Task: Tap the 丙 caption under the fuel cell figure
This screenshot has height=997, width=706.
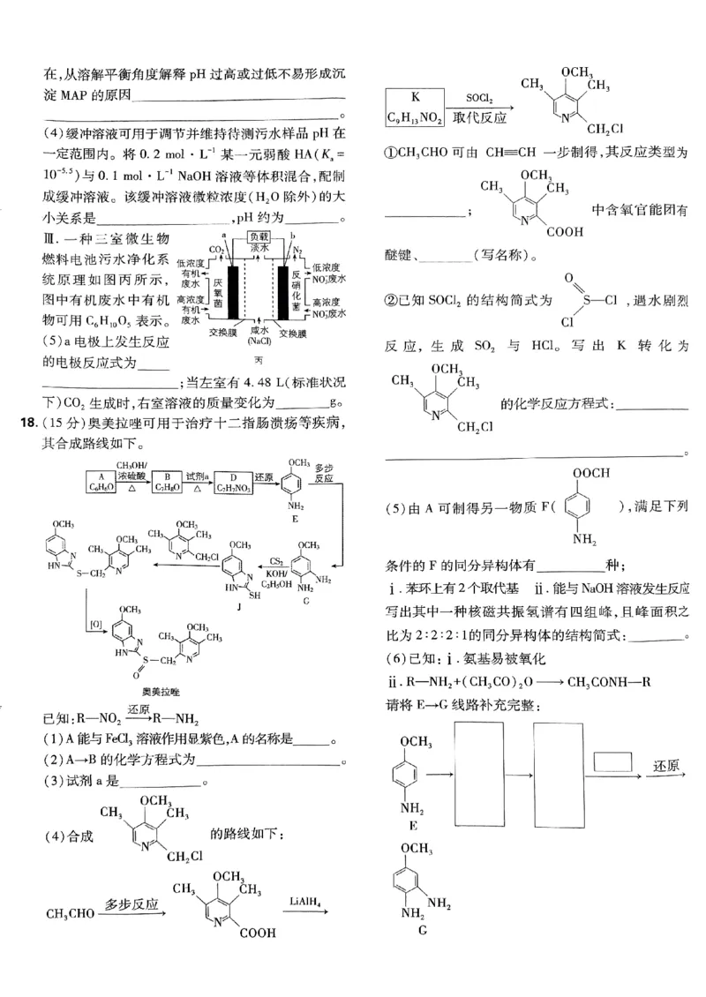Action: (x=259, y=360)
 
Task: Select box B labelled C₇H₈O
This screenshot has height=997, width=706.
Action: (x=167, y=483)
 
